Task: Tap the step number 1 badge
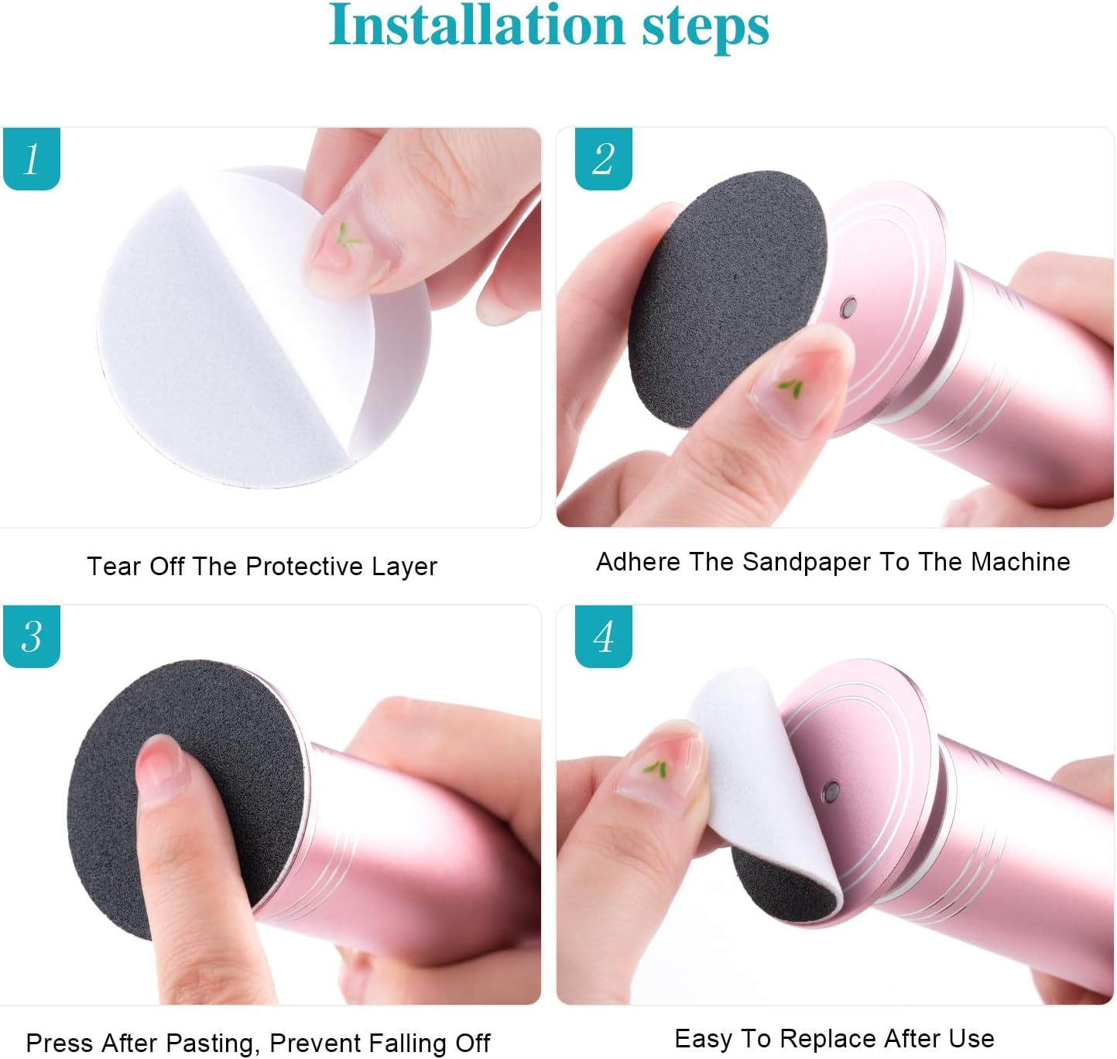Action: [x=32, y=159]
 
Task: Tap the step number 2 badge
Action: [x=603, y=159]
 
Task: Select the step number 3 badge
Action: [x=32, y=636]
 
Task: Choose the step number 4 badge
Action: [x=603, y=636]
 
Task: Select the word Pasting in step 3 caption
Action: [x=207, y=1044]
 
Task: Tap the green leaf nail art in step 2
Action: [x=790, y=387]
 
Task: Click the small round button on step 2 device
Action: [x=849, y=307]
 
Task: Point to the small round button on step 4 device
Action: [x=831, y=791]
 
